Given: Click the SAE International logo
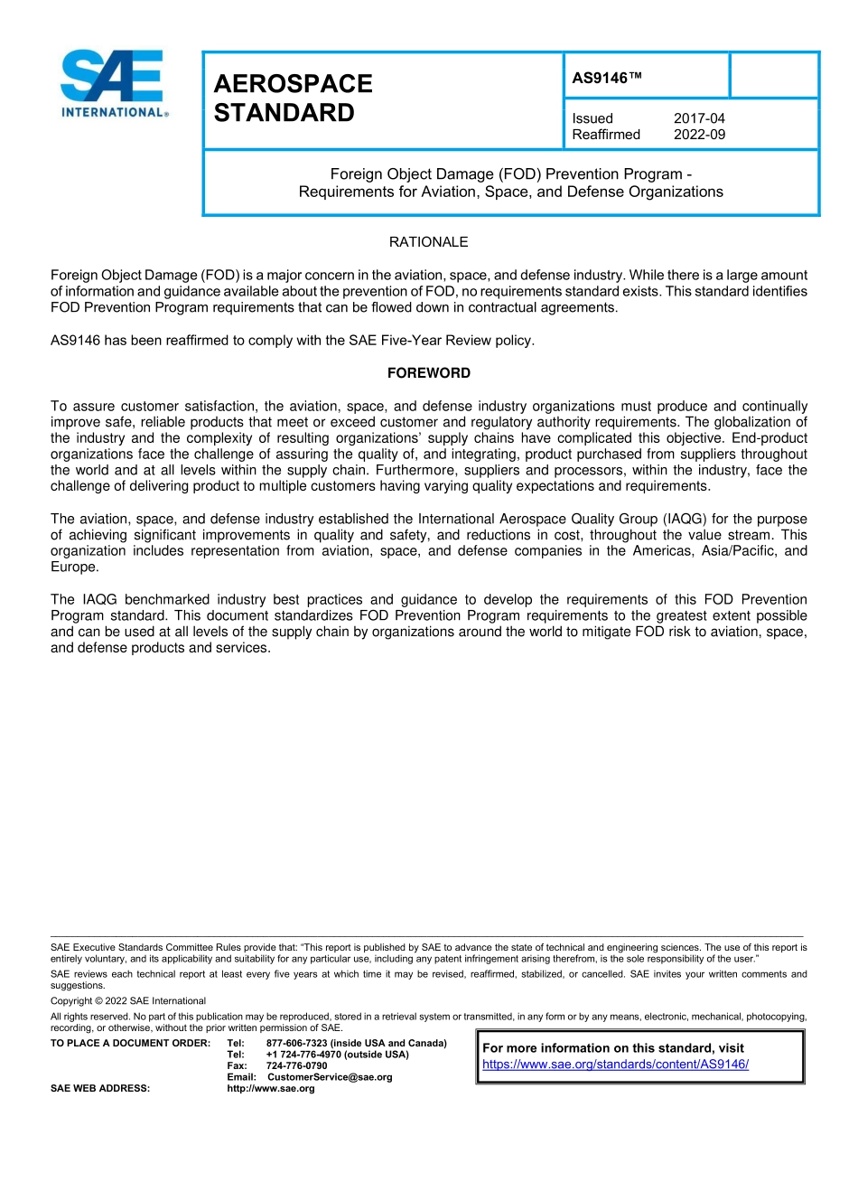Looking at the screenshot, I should tap(113, 84).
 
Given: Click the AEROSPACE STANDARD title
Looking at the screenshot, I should tap(293, 98).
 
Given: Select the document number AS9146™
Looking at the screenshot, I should tap(606, 79).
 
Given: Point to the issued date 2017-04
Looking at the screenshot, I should tap(699, 118).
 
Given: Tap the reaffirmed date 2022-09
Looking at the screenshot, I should tap(699, 135).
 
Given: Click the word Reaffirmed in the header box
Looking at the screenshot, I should tap(605, 135).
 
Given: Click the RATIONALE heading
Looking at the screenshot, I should tap(428, 242).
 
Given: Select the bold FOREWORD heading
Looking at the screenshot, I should tap(428, 373).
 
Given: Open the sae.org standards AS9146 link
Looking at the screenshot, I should tap(615, 1065).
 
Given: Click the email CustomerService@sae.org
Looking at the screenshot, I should tap(330, 1077).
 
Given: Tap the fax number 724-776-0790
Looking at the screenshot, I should tap(296, 1066).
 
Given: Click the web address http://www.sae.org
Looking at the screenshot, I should tap(271, 1089).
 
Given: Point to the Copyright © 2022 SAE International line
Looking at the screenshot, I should tap(128, 1001).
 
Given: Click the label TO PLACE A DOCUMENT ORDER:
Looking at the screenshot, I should tap(130, 1044).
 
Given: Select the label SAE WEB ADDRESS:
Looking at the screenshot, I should tap(100, 1089).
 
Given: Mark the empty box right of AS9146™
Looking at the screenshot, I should tap(773, 76).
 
